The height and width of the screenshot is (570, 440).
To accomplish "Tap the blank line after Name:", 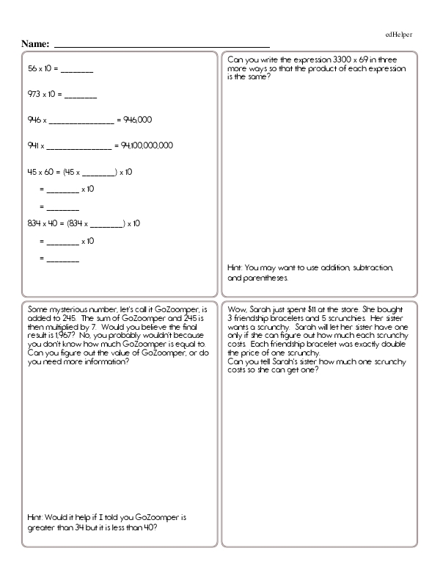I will pyautogui.click(x=161, y=46).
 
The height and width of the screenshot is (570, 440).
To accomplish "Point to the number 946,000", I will pyautogui.click(x=138, y=120).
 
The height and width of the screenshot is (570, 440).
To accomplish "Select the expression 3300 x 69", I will pyautogui.click(x=353, y=59).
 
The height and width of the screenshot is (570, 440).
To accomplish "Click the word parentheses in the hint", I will pyautogui.click(x=264, y=278).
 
